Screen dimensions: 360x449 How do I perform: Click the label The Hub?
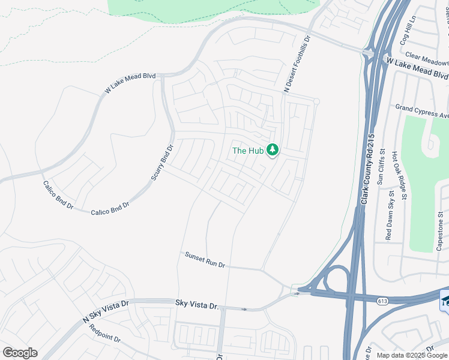point(247,151)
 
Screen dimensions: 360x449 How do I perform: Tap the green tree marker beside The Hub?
point(273,149)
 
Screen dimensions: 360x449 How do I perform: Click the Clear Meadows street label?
point(426,61)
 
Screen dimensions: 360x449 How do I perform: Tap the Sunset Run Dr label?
point(205,260)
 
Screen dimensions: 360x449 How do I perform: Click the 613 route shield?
point(382,301)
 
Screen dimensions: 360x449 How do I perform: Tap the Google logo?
point(20,353)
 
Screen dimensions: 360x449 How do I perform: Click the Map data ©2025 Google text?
point(412,355)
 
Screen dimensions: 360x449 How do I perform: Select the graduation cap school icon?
point(445,300)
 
